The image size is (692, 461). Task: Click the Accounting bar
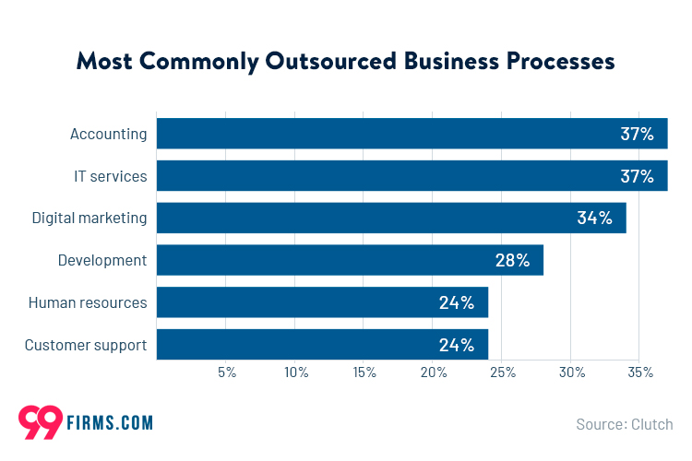(412, 134)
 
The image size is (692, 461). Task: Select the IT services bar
(412, 176)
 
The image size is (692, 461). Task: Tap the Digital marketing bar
(391, 219)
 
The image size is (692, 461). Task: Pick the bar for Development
(350, 261)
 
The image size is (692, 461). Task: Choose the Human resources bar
(322, 302)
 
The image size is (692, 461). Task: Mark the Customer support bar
(322, 345)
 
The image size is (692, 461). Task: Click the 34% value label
(595, 219)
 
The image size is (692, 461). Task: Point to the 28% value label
(512, 261)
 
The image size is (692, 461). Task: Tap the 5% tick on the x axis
(227, 372)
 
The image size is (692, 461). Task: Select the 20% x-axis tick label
(434, 372)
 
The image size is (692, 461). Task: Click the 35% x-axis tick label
(640, 372)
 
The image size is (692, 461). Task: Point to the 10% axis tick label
(296, 372)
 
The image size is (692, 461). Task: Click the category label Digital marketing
(89, 219)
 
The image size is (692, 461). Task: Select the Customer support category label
(86, 346)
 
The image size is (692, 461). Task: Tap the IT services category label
(111, 176)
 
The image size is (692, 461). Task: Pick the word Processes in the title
(559, 62)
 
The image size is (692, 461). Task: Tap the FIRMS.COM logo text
(109, 423)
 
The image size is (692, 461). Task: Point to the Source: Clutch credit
(625, 424)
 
